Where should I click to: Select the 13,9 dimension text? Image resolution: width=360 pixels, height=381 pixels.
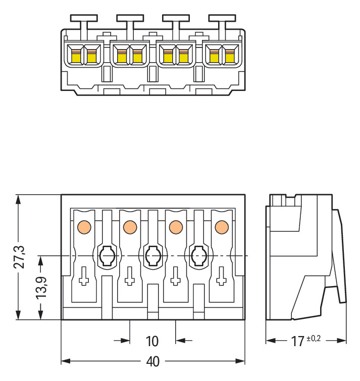[x=43, y=288]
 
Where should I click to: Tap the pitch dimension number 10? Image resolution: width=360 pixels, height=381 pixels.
[x=152, y=341]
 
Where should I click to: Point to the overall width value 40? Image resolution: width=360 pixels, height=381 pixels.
[x=152, y=362]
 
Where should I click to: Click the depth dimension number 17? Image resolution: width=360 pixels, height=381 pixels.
[x=297, y=341]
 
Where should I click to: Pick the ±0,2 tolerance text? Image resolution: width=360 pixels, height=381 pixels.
[x=313, y=338]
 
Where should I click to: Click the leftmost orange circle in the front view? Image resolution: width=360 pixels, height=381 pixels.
[x=84, y=227]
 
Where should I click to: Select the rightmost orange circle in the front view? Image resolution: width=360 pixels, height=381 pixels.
[x=221, y=227]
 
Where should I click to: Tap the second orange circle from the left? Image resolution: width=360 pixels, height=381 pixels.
[x=130, y=227]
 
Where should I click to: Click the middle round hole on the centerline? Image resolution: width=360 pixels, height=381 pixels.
[x=152, y=256]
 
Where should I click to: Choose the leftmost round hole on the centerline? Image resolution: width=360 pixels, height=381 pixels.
[x=107, y=256]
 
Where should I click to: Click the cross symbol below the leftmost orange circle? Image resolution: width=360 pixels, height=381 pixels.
[x=84, y=277]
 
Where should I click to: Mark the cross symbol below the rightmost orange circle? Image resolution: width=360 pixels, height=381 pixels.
[x=221, y=277]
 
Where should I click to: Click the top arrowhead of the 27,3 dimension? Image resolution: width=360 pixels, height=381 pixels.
[x=19, y=199]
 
